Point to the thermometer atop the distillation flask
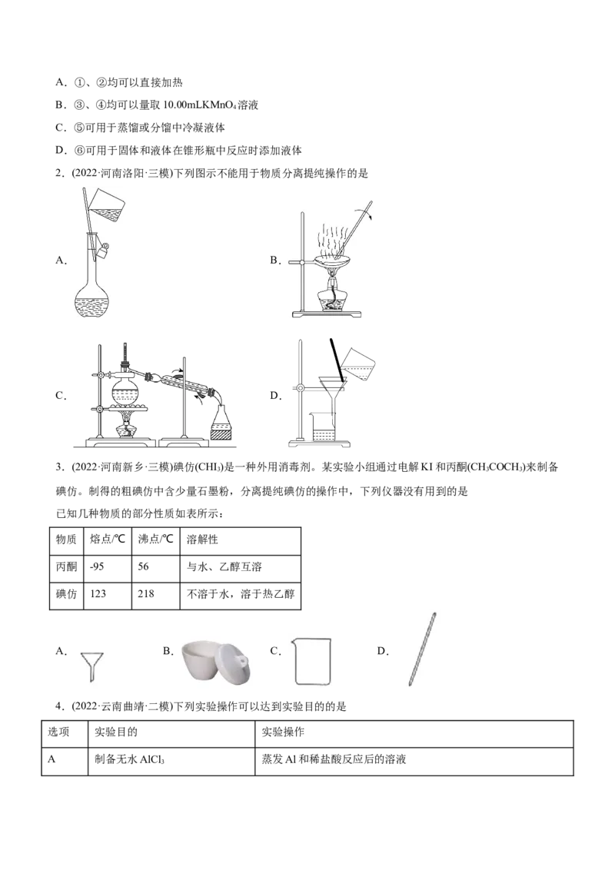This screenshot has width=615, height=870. click(x=125, y=355)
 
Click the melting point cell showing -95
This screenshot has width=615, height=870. click(x=107, y=566)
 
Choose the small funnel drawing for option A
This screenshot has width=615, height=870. click(x=91, y=666)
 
